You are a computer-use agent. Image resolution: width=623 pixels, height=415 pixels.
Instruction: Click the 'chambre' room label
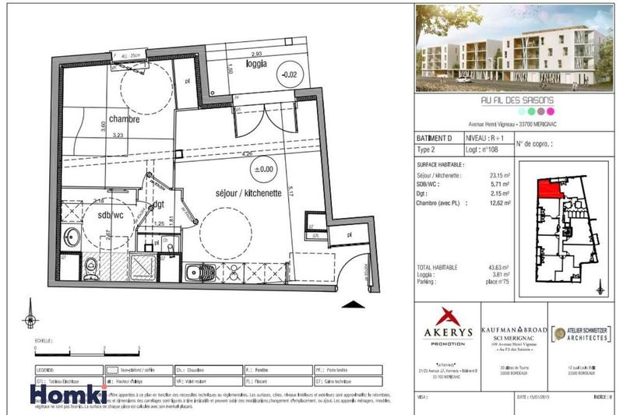click(124, 120)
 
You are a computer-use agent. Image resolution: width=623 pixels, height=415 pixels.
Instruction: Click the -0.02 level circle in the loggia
click(290, 75)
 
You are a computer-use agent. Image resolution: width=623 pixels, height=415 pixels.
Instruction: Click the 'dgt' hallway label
click(159, 205)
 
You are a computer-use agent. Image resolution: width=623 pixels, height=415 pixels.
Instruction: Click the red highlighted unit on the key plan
click(549, 188)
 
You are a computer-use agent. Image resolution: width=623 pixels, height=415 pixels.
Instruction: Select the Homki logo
click(69, 394)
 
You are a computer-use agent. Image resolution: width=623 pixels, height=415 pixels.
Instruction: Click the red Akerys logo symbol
click(449, 316)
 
